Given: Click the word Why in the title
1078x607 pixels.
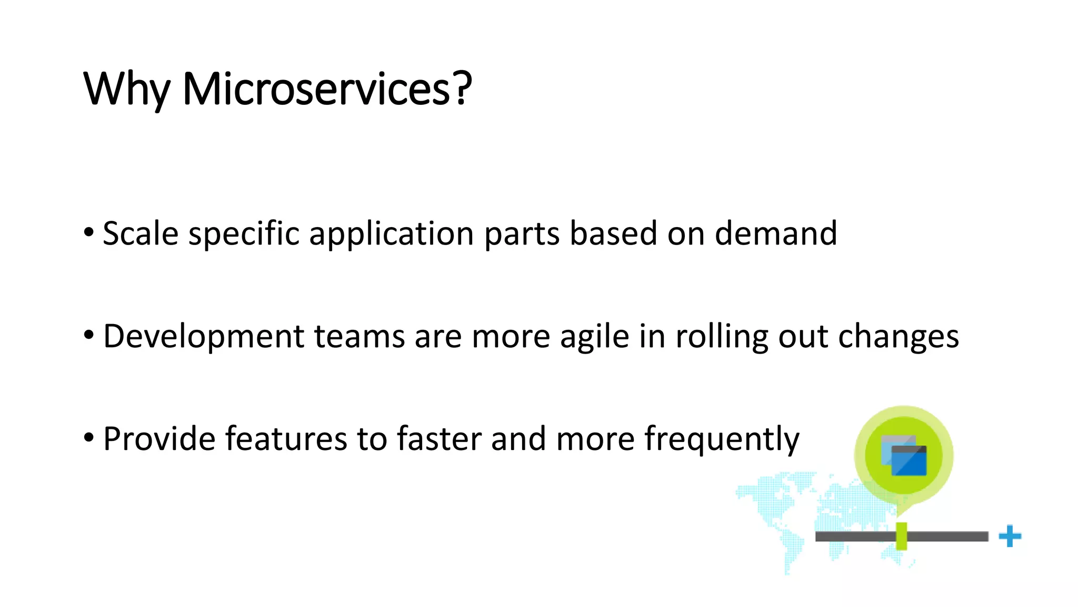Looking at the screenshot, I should tap(127, 90).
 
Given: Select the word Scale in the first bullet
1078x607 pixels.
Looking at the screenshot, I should tap(141, 233).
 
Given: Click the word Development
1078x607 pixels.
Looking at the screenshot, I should tap(204, 336).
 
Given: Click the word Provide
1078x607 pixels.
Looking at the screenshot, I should tap(159, 438).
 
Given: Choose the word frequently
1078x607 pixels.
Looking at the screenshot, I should tap(722, 439).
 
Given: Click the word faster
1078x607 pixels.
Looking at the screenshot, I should tap(439, 438).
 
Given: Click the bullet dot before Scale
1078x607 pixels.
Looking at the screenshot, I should tap(88, 232).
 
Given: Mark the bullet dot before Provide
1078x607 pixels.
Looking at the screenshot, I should tap(88, 437).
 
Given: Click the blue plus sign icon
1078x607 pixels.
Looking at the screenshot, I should tap(1010, 536).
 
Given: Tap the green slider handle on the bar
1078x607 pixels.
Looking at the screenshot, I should tap(901, 536).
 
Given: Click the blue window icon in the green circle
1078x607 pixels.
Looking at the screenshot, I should tap(904, 456).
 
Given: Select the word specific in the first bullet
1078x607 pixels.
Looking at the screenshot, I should tap(244, 234).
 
